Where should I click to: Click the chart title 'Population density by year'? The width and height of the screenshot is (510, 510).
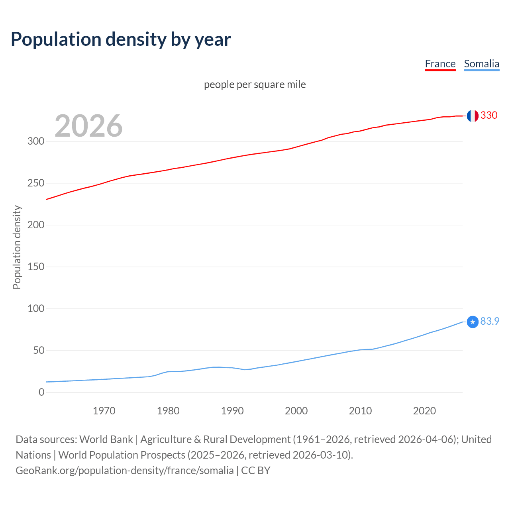(121, 39)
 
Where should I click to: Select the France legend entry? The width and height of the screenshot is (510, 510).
(440, 64)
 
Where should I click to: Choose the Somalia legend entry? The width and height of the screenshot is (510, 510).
(481, 64)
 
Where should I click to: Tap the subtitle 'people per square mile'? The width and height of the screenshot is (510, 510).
(255, 84)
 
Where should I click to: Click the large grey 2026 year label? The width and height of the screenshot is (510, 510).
(88, 126)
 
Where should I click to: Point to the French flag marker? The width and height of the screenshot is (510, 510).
(473, 116)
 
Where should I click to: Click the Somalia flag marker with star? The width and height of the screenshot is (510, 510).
(473, 322)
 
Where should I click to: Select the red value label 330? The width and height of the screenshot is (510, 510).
(489, 116)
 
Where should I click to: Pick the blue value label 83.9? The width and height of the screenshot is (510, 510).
(490, 321)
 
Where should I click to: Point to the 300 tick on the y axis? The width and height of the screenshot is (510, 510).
(36, 141)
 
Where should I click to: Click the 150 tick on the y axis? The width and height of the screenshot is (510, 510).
(36, 267)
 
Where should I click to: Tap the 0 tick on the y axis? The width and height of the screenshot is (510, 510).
(41, 392)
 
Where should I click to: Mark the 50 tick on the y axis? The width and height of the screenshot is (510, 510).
(39, 351)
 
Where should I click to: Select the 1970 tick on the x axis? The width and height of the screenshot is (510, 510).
(104, 411)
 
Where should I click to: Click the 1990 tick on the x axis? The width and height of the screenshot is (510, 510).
(232, 411)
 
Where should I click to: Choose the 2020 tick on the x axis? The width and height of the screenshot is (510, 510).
(424, 411)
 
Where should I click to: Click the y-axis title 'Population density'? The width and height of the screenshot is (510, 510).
(17, 247)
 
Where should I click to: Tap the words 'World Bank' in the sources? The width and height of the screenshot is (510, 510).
(106, 439)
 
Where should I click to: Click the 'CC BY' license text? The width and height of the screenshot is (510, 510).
(256, 471)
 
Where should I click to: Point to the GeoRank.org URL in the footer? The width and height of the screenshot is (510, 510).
(124, 471)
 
